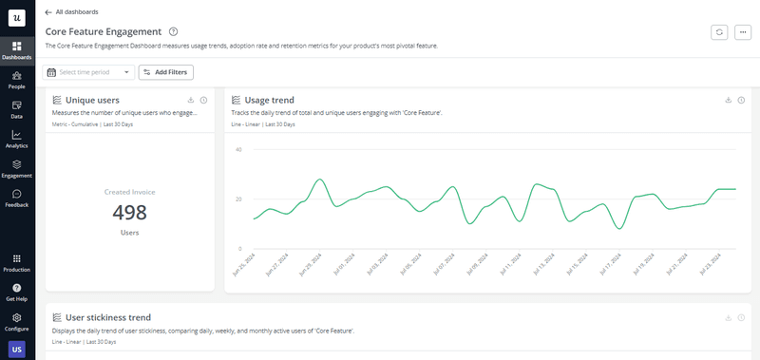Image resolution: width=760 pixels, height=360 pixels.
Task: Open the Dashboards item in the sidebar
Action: click(x=17, y=49)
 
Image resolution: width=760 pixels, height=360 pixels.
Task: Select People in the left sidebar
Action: click(x=17, y=79)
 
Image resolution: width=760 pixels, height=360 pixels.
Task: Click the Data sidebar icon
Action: click(x=17, y=108)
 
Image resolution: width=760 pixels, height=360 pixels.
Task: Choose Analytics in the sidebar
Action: click(x=17, y=139)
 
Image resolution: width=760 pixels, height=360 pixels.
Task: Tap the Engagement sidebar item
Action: click(x=17, y=168)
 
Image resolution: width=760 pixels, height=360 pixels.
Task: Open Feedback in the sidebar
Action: click(x=17, y=198)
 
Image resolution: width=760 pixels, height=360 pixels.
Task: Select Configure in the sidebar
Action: click(x=17, y=321)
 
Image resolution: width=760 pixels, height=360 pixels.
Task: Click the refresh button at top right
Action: click(x=719, y=32)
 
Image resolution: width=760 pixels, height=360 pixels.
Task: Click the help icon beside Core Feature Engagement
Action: click(x=172, y=32)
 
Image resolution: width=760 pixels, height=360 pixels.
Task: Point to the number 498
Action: click(x=130, y=212)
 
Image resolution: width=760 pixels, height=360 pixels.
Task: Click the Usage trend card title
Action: click(x=269, y=100)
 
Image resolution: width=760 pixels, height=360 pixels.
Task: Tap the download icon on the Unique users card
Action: click(x=191, y=100)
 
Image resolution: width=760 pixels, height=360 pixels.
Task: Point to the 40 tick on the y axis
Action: click(x=238, y=150)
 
